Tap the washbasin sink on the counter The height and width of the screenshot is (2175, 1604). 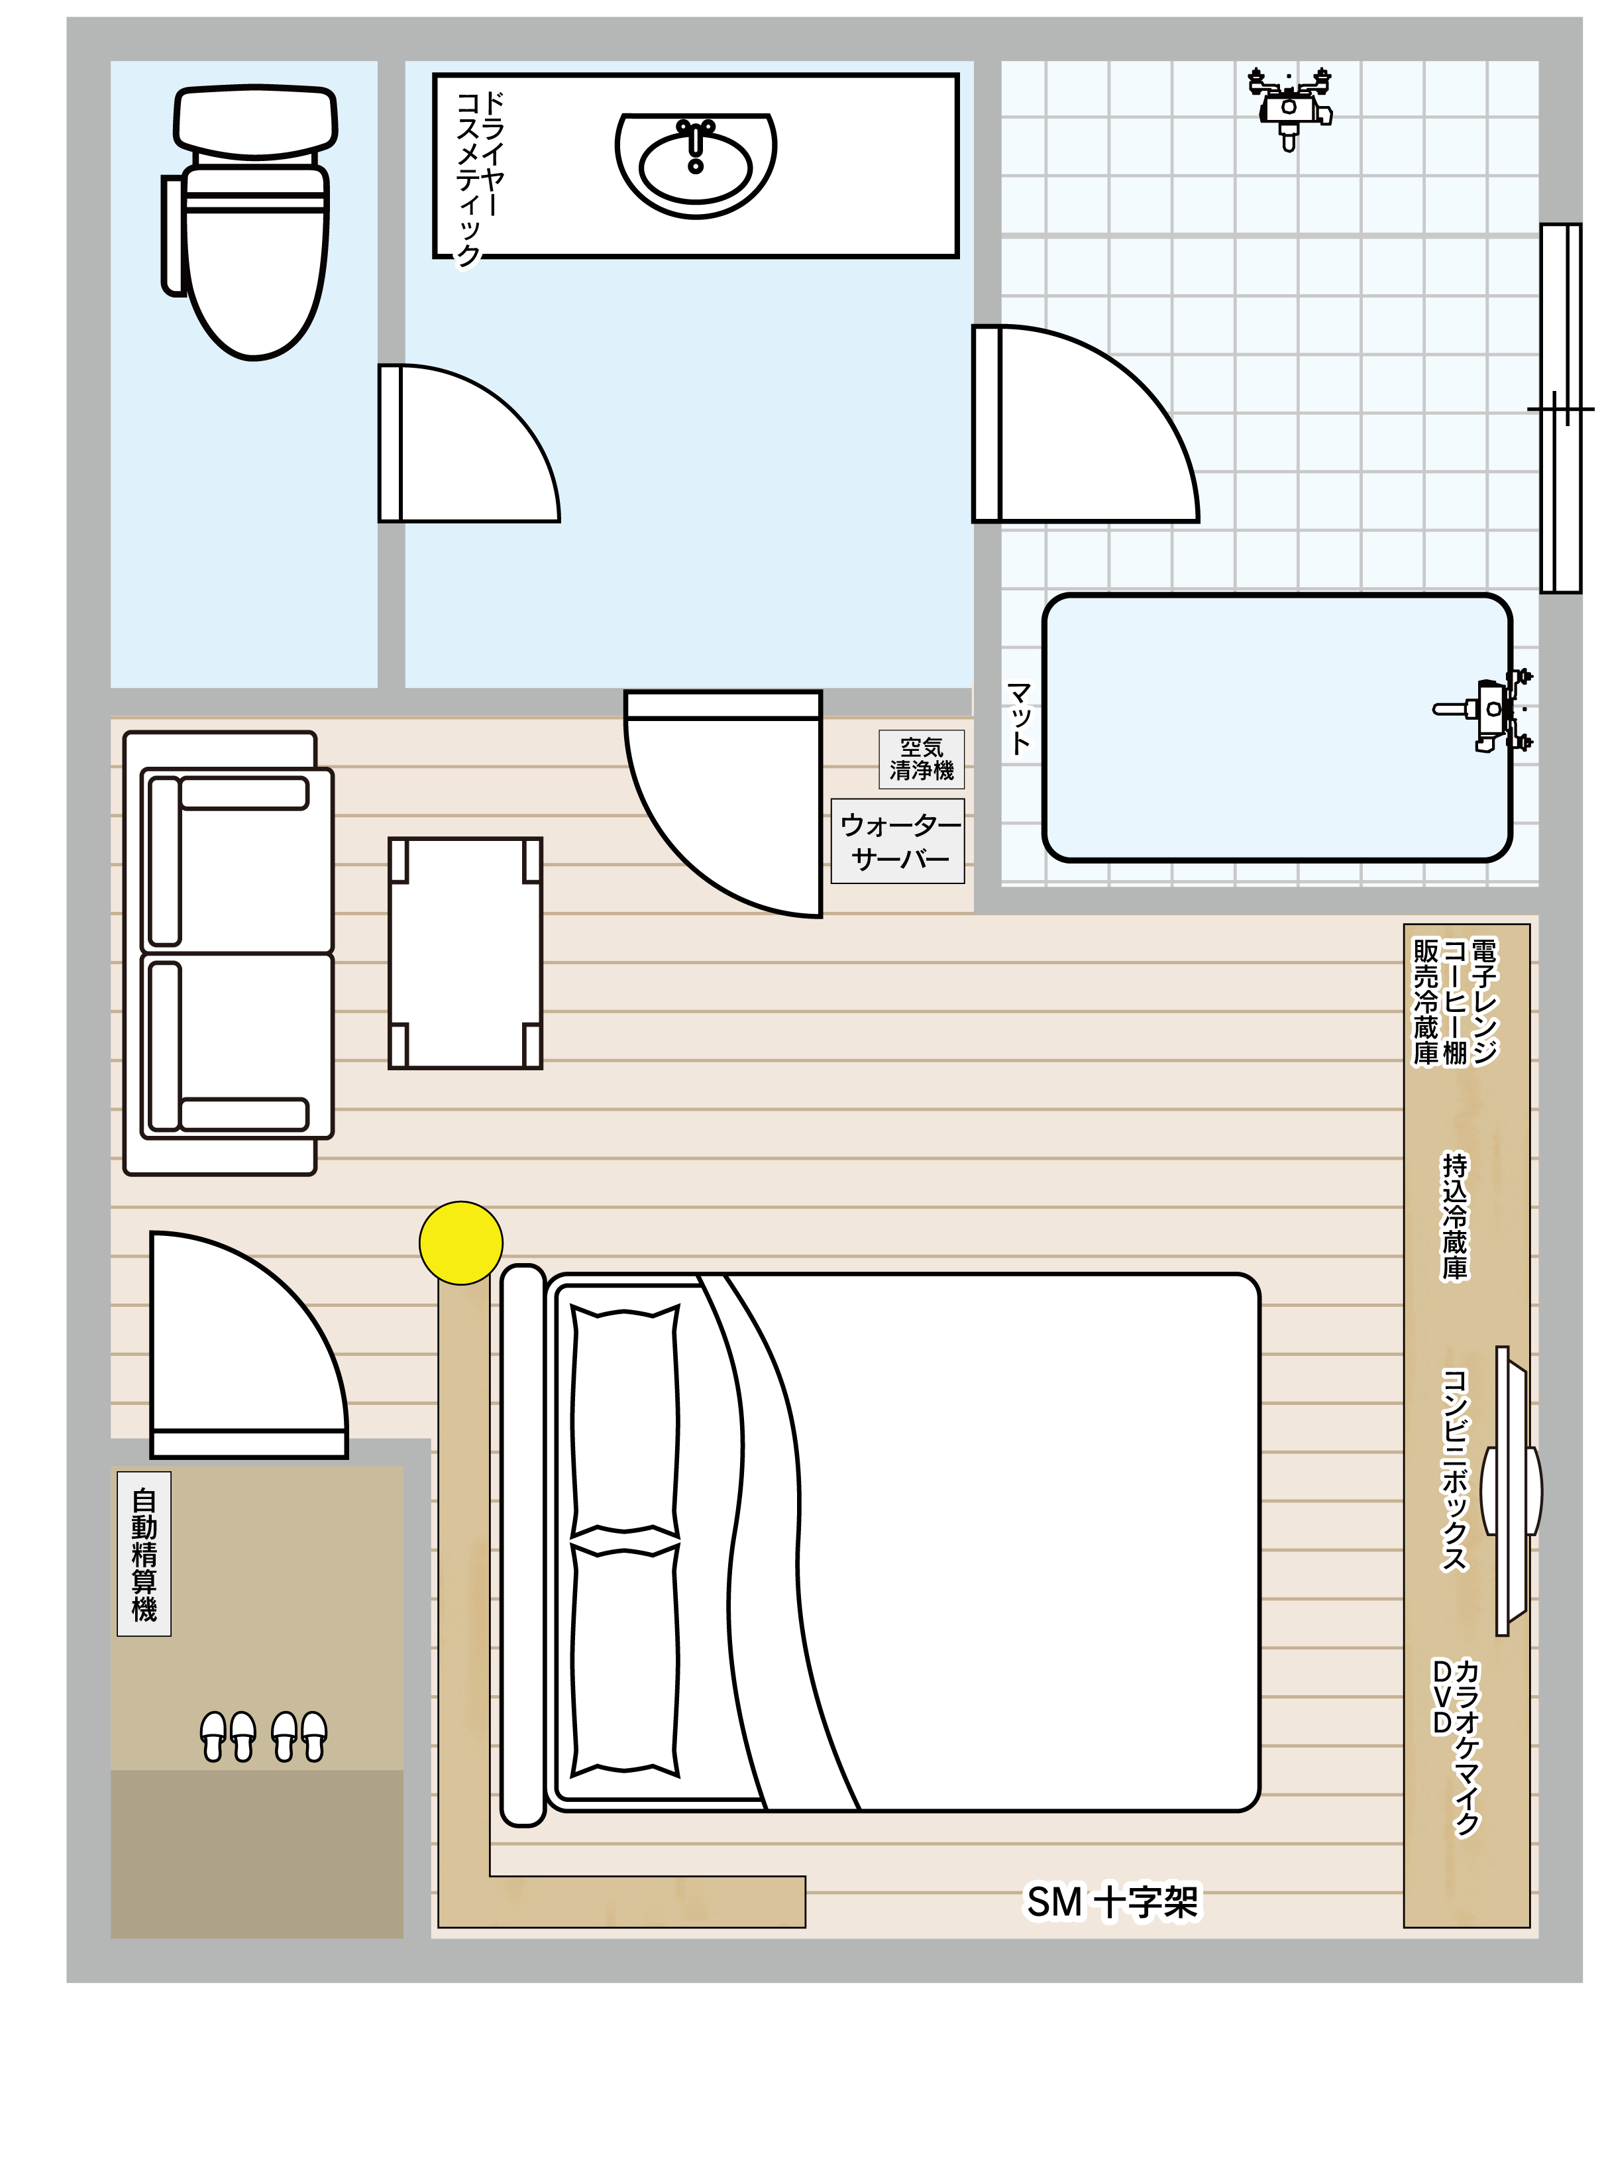pyautogui.click(x=696, y=165)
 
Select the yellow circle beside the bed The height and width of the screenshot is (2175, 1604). pyautogui.click(x=461, y=1243)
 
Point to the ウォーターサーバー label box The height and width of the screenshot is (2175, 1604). pyautogui.click(x=898, y=841)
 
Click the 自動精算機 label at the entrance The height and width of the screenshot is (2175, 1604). pyautogui.click(x=144, y=1555)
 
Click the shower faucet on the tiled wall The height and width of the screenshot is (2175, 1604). pyautogui.click(x=1289, y=107)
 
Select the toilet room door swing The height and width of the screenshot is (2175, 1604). pyautogui.click(x=469, y=444)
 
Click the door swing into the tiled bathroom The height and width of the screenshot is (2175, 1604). pyautogui.click(x=1085, y=424)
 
